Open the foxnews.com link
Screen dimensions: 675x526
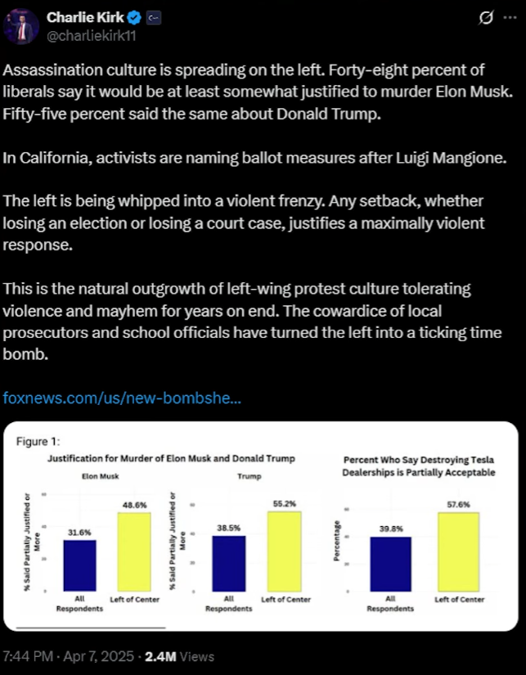click(x=122, y=398)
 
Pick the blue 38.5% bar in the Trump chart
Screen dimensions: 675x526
click(x=223, y=563)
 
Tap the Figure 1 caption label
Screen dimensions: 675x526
click(x=38, y=442)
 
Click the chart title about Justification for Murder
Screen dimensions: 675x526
click(x=172, y=458)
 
